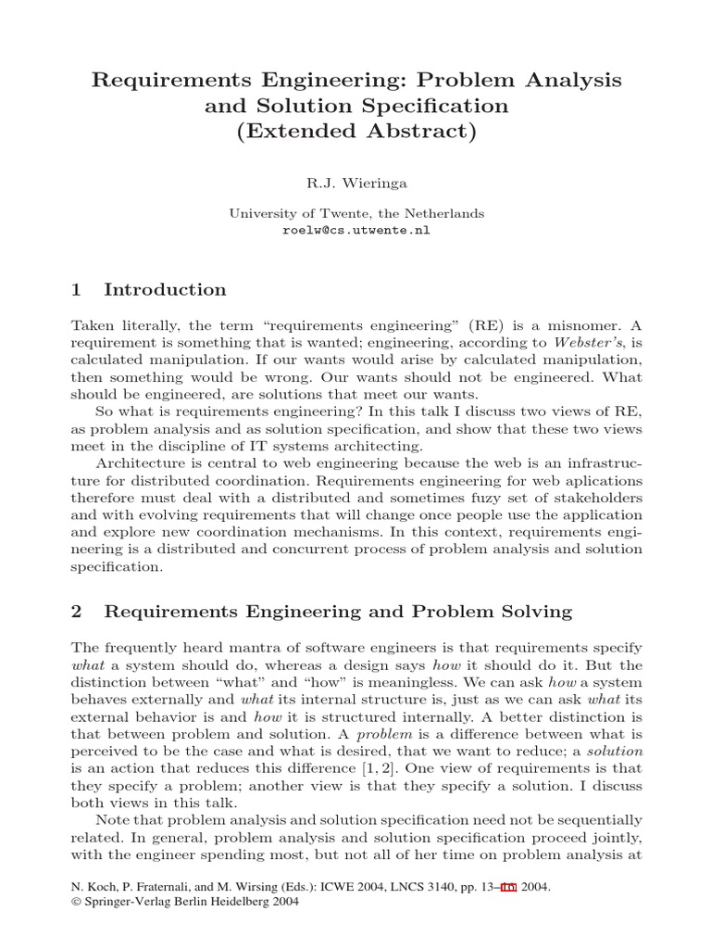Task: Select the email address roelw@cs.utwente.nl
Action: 356,231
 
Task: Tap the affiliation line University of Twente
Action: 356,213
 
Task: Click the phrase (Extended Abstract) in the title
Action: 356,132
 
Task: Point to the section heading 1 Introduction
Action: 148,290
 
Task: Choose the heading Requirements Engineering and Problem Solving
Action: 338,612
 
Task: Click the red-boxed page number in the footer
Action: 507,887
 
